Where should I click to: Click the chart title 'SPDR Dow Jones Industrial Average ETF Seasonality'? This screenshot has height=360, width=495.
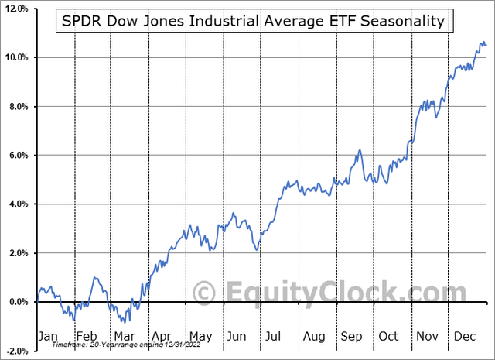(254, 22)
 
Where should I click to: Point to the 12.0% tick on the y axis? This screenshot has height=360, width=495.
(17, 9)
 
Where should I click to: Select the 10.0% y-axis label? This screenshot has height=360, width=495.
(17, 57)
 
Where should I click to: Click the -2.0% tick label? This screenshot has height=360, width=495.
(17, 351)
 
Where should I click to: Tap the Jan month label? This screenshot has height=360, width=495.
(48, 336)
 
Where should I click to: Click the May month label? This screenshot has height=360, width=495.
(201, 336)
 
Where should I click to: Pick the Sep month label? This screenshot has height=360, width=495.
(352, 336)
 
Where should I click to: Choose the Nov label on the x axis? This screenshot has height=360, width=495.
(427, 336)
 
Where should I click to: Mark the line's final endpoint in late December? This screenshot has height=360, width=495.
(486, 45)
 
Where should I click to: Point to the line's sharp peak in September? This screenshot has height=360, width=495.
(360, 151)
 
